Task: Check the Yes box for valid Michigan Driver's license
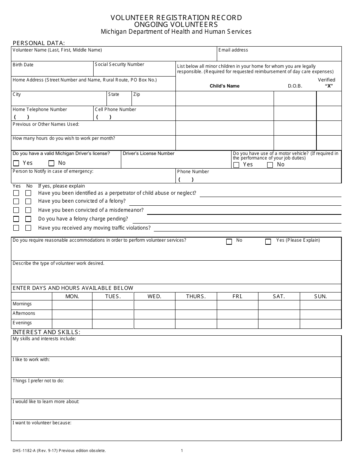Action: click(x=16, y=164)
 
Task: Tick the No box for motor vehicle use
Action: click(x=270, y=165)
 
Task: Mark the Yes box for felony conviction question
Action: click(x=16, y=202)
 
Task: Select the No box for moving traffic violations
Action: click(x=28, y=228)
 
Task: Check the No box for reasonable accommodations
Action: click(x=229, y=242)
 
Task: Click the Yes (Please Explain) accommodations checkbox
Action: click(x=268, y=242)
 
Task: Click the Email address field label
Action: click(x=233, y=50)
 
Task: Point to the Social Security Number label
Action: click(x=119, y=64)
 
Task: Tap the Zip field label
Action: click(x=136, y=94)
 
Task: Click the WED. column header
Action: click(x=155, y=296)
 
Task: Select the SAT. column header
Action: click(x=279, y=296)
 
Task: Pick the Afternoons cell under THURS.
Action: click(x=196, y=314)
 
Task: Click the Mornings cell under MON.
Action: click(x=72, y=305)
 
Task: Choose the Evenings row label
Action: click(x=22, y=323)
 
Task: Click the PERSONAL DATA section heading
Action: click(x=39, y=43)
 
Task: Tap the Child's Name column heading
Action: click(x=225, y=86)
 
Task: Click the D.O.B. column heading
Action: click(x=295, y=86)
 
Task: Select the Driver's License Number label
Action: click(x=149, y=153)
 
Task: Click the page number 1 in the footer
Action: click(x=182, y=450)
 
